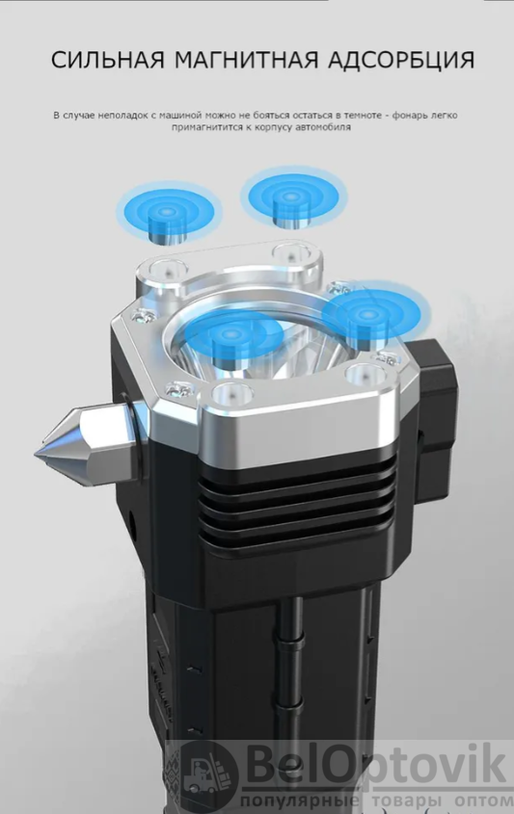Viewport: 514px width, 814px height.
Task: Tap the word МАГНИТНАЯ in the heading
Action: click(246, 61)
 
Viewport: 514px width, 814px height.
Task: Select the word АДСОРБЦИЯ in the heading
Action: click(401, 61)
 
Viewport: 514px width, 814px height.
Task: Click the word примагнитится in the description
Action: click(202, 127)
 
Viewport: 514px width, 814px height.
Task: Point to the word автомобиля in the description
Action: click(323, 127)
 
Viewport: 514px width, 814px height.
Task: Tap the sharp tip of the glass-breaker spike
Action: click(37, 455)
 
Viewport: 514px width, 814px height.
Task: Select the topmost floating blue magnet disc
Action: click(293, 198)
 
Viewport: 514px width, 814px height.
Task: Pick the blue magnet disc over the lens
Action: click(234, 335)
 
